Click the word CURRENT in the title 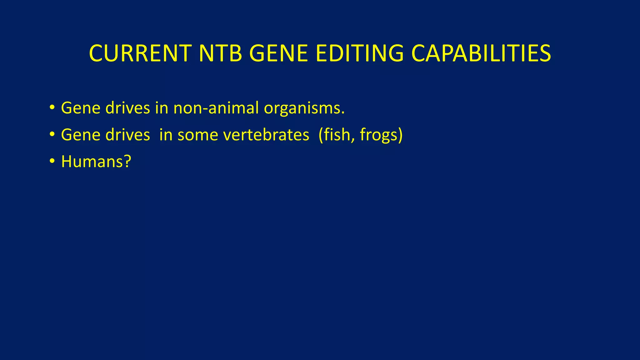(140, 53)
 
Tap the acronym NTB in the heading (220, 53)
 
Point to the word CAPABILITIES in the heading (481, 53)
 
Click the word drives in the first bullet (127, 108)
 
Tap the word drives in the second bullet (127, 135)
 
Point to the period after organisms (343, 113)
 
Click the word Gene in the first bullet (81, 108)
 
